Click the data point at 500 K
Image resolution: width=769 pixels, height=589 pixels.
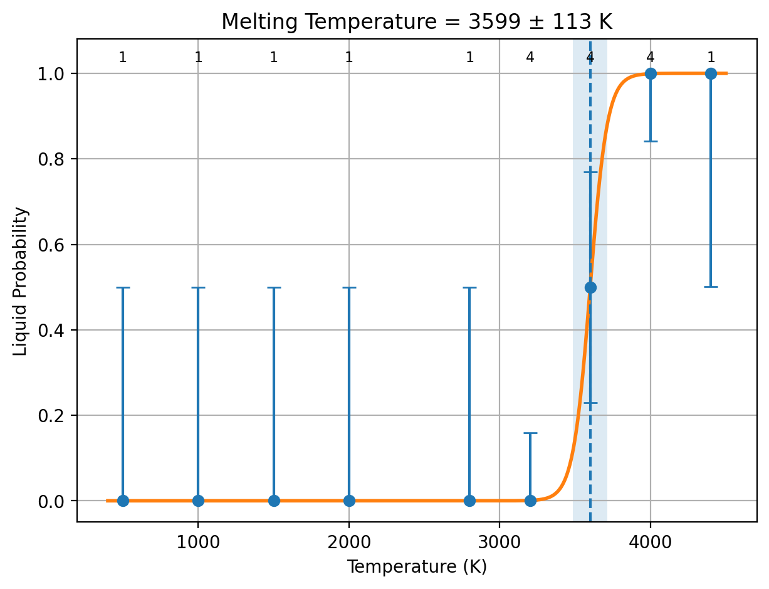coord(123,501)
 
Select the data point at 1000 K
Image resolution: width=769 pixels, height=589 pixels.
coord(198,501)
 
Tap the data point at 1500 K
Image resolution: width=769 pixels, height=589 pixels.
coord(274,501)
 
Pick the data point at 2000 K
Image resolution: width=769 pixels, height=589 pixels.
coord(349,501)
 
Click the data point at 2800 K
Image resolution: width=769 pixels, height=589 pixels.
coord(470,501)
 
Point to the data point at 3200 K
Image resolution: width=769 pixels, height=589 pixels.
coord(530,501)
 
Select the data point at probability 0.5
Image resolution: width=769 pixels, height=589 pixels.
coord(590,287)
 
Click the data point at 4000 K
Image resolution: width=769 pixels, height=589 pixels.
coord(651,73)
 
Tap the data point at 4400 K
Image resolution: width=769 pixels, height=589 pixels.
coord(711,73)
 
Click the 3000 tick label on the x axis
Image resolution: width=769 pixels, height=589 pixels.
coord(500,543)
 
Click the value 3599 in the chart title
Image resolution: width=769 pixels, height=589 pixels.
coord(494,22)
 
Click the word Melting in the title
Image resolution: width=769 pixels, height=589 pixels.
coord(259,23)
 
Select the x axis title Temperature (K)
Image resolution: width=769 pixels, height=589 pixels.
coord(417,567)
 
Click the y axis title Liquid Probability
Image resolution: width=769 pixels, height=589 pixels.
coord(20,282)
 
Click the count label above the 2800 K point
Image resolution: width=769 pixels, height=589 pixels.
coord(470,57)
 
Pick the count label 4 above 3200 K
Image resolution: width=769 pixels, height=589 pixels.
coord(530,57)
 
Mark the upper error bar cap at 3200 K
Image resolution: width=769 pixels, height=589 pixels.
coord(530,433)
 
